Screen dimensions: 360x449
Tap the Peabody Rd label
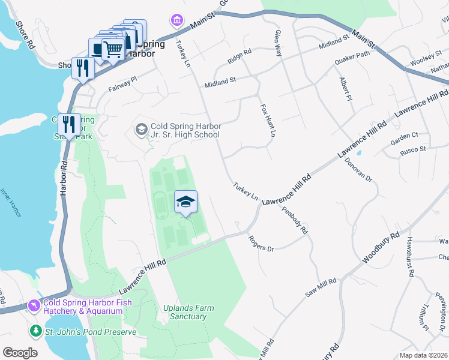tap(297, 220)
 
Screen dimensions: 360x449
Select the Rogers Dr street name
tap(261, 244)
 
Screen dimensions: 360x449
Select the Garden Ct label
tap(403, 139)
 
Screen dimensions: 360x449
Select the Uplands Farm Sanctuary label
tap(188, 312)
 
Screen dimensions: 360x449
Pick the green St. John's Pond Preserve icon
tap(36, 331)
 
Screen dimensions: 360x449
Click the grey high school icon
tap(141, 130)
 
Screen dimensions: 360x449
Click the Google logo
tap(20, 353)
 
